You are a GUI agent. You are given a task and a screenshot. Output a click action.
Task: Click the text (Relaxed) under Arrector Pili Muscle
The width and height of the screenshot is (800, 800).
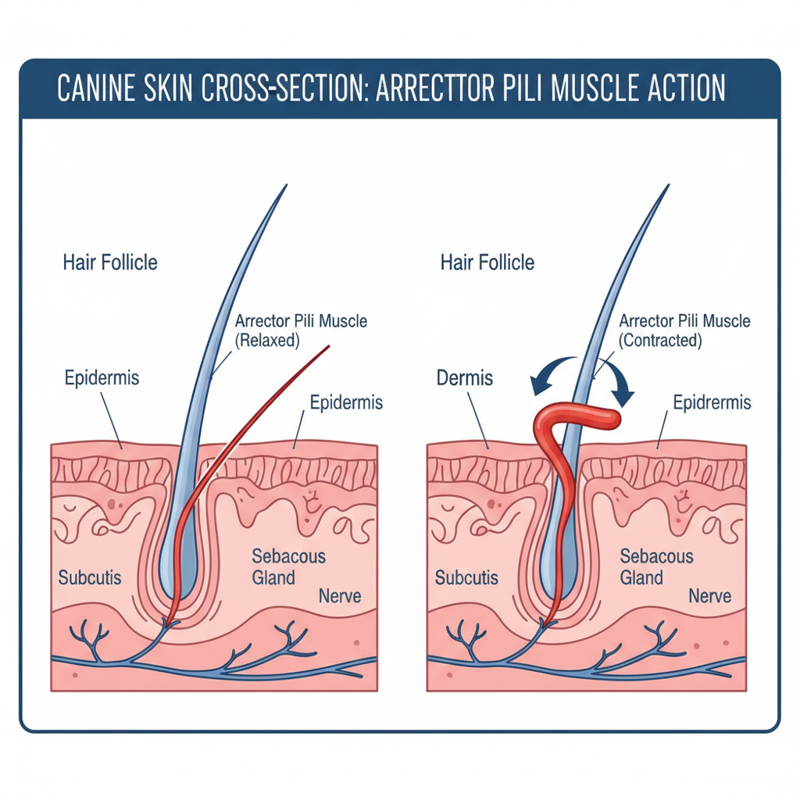click(x=268, y=341)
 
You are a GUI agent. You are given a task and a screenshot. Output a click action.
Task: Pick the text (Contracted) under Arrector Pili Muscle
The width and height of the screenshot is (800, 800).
click(x=660, y=341)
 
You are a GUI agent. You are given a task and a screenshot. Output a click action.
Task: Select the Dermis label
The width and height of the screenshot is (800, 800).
click(x=466, y=378)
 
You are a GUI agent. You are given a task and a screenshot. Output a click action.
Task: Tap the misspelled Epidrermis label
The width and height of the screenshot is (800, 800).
click(x=712, y=402)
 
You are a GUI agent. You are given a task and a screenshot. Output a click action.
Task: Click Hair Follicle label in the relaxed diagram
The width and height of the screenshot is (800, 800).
click(x=110, y=262)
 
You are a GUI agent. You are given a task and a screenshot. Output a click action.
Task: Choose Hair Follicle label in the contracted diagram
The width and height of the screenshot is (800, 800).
click(x=487, y=262)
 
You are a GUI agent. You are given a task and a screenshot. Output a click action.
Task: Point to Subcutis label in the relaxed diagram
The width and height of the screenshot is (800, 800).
click(x=90, y=578)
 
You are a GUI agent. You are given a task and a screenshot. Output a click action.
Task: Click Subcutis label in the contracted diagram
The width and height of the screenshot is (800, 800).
click(x=466, y=578)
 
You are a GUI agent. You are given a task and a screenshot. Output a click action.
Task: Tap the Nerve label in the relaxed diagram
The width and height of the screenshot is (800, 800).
click(x=340, y=596)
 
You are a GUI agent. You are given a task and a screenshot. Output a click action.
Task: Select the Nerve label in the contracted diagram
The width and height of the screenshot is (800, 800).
click(x=709, y=596)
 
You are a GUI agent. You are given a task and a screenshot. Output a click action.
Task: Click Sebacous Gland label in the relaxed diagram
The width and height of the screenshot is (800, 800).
click(x=288, y=566)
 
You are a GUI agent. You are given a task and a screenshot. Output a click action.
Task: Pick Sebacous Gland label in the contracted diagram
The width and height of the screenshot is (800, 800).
click(x=656, y=566)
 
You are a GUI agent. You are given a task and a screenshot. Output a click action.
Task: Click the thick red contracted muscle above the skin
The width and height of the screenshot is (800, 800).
click(x=582, y=417)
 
